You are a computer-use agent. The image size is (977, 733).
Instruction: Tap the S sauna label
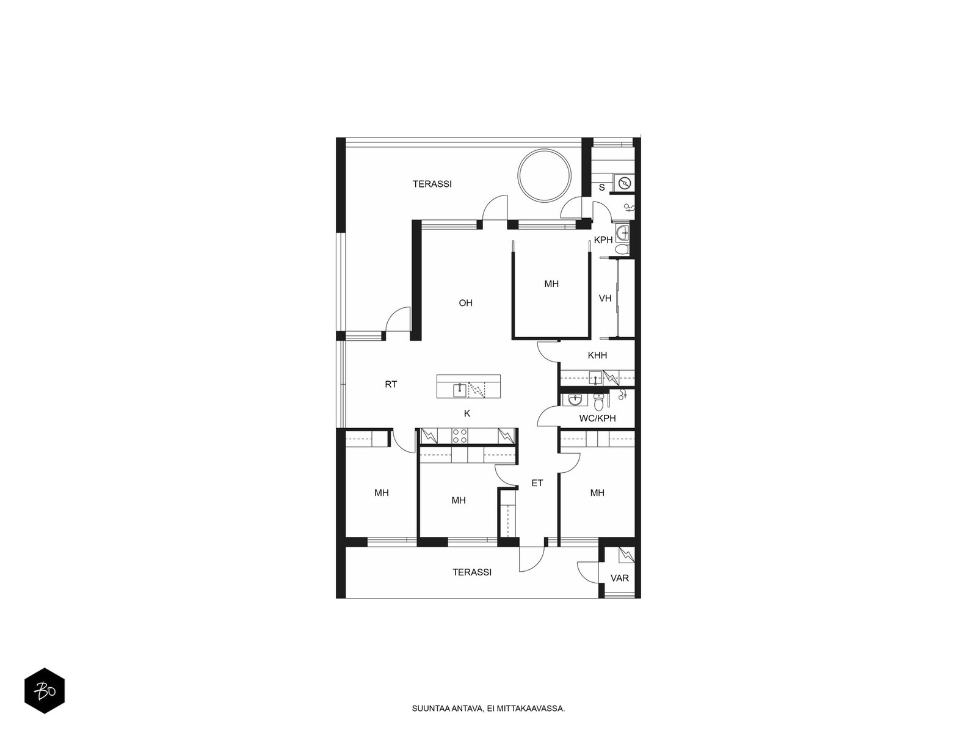602,188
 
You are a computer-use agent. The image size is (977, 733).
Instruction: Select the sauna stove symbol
625,183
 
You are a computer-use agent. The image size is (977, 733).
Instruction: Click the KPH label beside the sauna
603,240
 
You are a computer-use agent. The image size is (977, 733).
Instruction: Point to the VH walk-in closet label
605,298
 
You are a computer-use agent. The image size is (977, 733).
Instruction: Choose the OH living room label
465,303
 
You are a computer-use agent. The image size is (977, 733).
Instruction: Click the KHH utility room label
597,355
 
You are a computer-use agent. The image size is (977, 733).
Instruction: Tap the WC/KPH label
597,418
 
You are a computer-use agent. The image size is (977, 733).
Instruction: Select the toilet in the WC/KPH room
599,403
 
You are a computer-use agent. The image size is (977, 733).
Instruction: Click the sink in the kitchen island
459,390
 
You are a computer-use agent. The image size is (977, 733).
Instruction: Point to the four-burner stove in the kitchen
459,436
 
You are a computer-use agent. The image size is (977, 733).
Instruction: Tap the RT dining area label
391,385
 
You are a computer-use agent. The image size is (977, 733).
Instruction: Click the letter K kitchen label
467,414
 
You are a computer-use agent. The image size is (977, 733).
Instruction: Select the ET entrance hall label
537,483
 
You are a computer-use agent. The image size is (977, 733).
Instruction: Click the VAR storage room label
620,578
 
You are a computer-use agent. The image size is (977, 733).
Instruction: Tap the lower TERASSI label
472,572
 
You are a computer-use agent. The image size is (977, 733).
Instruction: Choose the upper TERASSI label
432,184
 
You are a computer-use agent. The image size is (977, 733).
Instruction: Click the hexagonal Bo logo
45,691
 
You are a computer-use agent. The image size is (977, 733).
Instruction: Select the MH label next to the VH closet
551,284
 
